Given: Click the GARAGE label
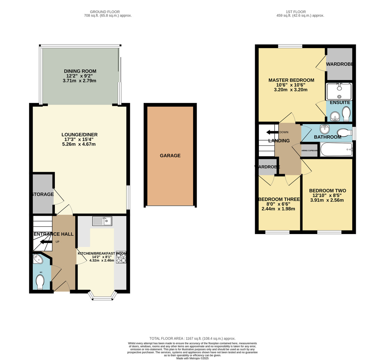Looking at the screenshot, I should (170, 155).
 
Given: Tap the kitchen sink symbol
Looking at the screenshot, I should (102, 221).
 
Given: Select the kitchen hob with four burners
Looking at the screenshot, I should (121, 257).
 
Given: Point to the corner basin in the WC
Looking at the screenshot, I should (38, 259).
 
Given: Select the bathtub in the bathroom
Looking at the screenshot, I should (336, 150).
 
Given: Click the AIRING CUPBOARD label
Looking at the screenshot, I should (310, 150).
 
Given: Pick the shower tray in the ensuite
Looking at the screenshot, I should (339, 92).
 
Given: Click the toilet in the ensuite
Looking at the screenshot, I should (346, 114).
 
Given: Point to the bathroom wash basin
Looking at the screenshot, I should (325, 129).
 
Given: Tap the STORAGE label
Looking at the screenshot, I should (42, 194).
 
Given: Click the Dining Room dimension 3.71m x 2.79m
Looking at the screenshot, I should (80, 81).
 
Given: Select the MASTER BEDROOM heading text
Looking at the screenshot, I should (291, 80).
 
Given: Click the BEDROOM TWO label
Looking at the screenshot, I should (328, 190).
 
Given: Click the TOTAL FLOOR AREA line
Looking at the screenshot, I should (193, 339).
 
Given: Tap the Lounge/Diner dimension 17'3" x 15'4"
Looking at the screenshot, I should (80, 139).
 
